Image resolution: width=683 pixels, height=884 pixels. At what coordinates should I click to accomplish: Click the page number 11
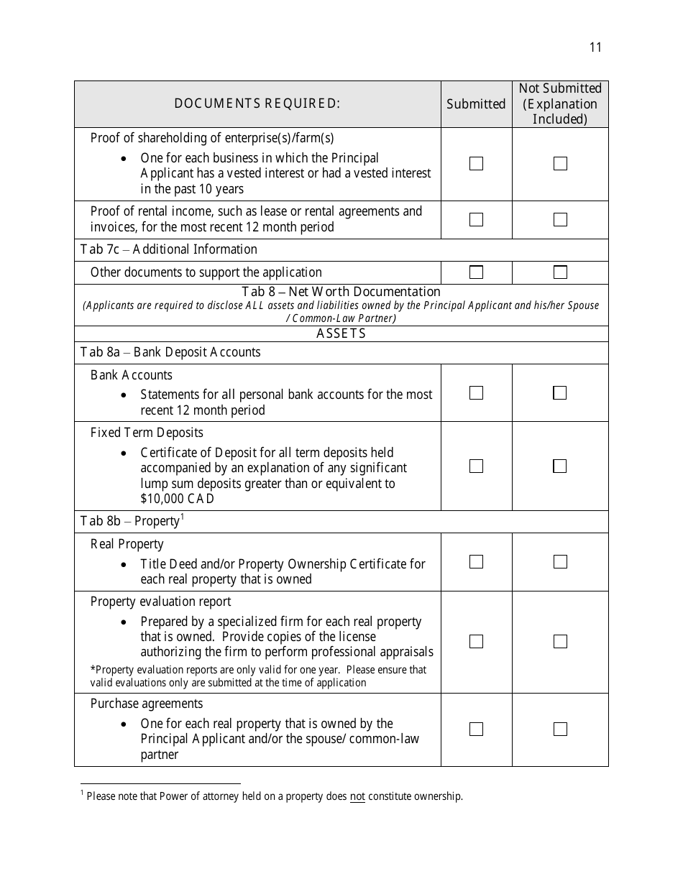tap(595, 47)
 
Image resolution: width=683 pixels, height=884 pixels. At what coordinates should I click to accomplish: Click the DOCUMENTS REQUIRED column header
tap(257, 103)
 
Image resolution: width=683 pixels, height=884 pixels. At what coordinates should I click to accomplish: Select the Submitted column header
tap(476, 104)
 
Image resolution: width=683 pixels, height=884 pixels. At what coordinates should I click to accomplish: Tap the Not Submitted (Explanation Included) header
tap(560, 103)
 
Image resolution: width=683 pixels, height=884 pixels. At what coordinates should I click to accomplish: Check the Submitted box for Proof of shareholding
tap(476, 164)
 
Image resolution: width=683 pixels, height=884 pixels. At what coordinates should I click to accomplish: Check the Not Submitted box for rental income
tap(560, 220)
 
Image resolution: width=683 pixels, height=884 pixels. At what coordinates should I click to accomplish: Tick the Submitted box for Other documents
tap(476, 272)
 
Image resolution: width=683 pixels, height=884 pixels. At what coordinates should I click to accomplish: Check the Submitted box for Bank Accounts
tap(476, 393)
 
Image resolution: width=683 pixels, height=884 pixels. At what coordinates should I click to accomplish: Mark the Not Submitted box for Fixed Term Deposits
tap(560, 466)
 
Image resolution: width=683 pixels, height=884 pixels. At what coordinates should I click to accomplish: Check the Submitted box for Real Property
tap(476, 562)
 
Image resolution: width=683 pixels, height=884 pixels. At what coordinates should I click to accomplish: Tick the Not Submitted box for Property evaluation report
tap(560, 642)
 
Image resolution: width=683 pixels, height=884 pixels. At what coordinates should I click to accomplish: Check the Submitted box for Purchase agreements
tap(476, 729)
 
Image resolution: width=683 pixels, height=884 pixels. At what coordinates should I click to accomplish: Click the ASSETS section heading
tap(341, 333)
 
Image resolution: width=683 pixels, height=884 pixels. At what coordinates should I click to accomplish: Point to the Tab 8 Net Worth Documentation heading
tap(341, 292)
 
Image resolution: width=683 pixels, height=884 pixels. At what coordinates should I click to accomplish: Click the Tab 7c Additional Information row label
tap(168, 249)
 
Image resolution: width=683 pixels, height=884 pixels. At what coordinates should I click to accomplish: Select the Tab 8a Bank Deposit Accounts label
tap(170, 352)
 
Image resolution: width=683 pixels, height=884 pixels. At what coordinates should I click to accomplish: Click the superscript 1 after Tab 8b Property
tap(183, 517)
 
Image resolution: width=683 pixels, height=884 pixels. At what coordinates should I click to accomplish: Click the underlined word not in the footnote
tap(357, 796)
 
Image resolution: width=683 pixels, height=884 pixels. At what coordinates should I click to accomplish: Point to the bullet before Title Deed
tap(125, 565)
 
